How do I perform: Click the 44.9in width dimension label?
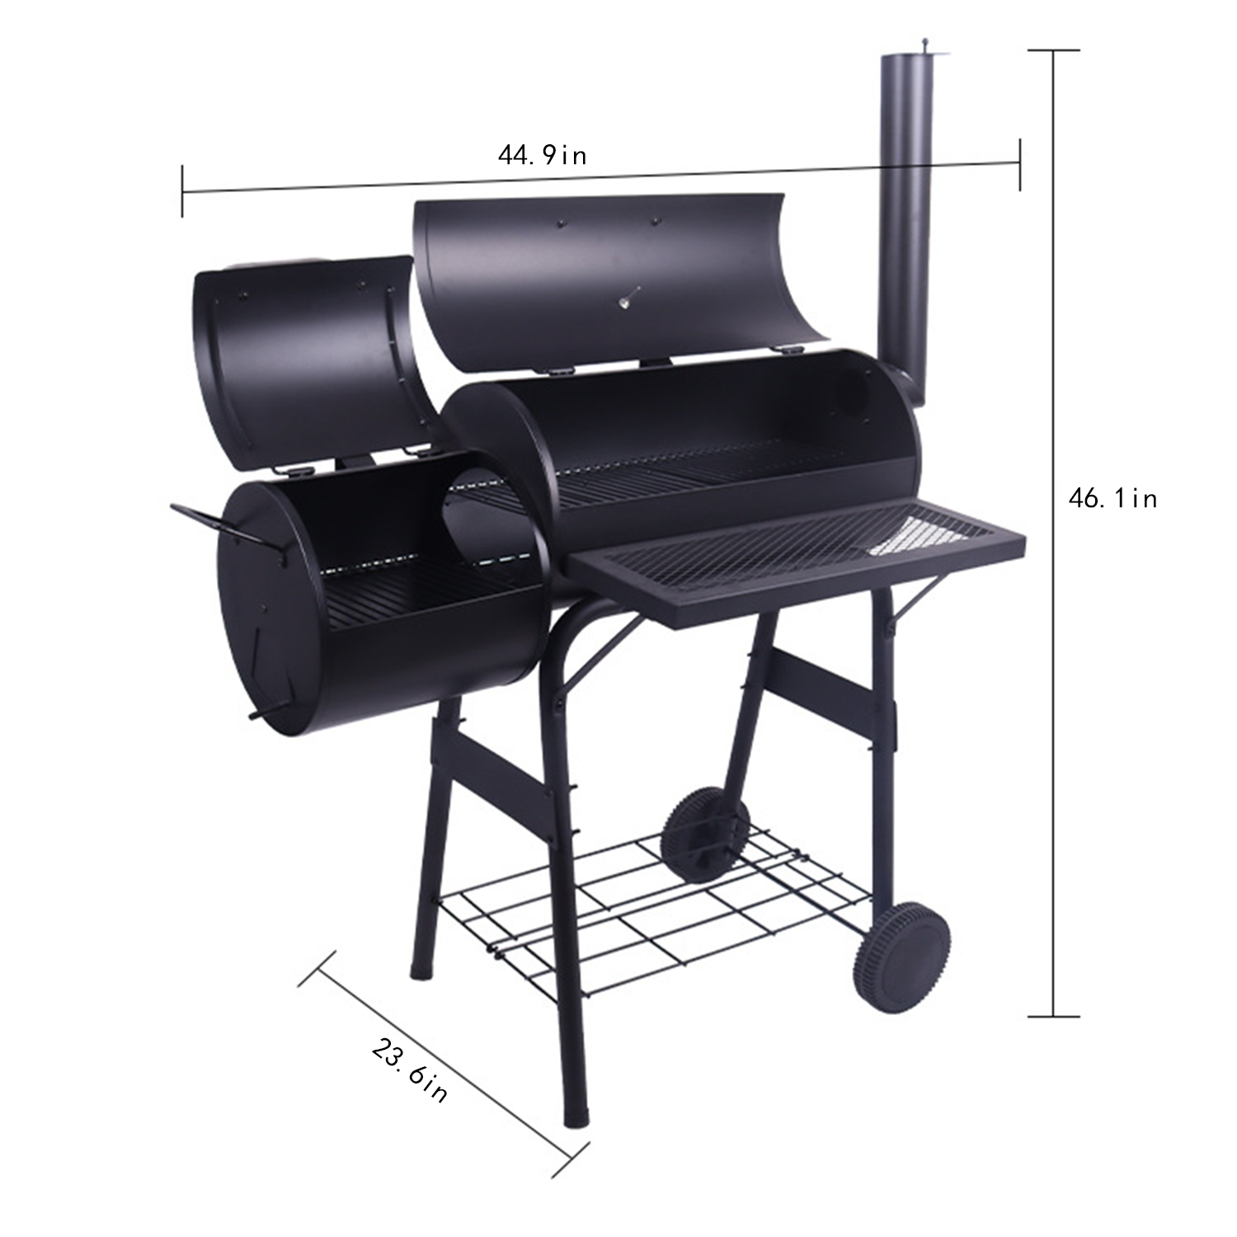[542, 155]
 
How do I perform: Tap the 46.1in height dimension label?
[1112, 498]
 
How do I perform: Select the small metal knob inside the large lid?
[627, 298]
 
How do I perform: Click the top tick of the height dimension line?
[1053, 51]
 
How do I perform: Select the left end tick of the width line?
[182, 191]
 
